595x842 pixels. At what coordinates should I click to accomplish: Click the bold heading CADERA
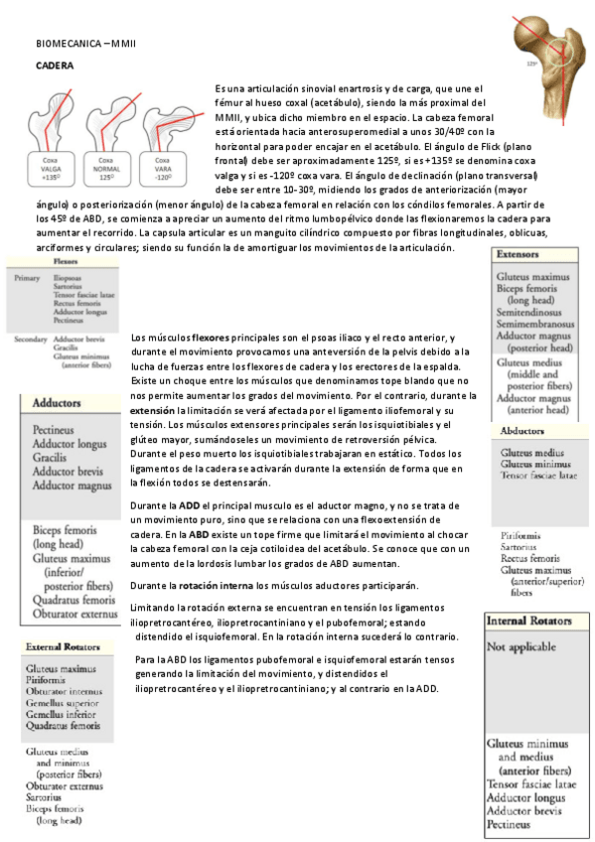(52, 65)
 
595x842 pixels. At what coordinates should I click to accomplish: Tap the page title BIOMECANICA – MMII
(85, 45)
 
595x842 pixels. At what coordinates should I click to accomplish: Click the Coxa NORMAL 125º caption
(107, 168)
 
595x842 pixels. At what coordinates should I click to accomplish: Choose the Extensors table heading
(518, 253)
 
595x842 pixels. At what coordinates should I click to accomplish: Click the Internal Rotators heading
(528, 621)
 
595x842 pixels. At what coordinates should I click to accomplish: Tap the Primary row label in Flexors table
(27, 278)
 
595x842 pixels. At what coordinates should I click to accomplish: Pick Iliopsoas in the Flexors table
(69, 278)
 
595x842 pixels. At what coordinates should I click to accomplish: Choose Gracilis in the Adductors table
(51, 459)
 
